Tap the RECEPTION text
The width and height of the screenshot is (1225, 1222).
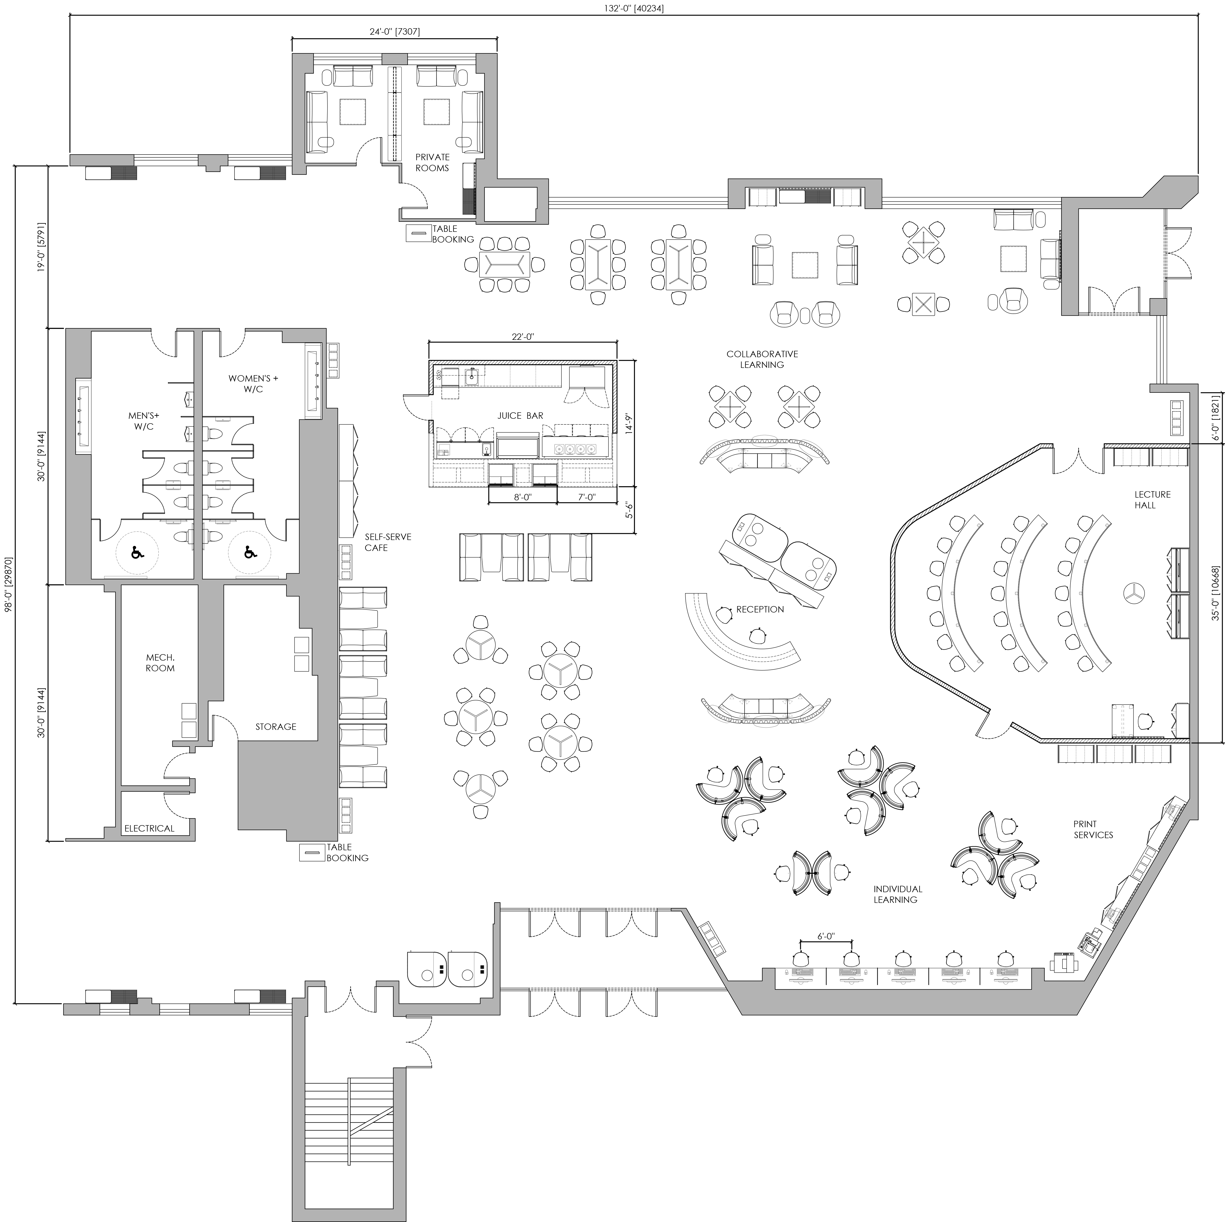click(x=760, y=610)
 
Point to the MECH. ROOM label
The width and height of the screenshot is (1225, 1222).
click(x=160, y=663)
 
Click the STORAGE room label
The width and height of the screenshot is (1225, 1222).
click(x=276, y=727)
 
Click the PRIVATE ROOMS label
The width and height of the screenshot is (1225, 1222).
click(x=432, y=162)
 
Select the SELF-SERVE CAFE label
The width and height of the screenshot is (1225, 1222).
click(x=387, y=542)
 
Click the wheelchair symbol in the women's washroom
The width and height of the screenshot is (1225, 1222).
click(x=250, y=553)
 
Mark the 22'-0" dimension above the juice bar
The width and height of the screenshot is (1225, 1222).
click(x=523, y=337)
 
